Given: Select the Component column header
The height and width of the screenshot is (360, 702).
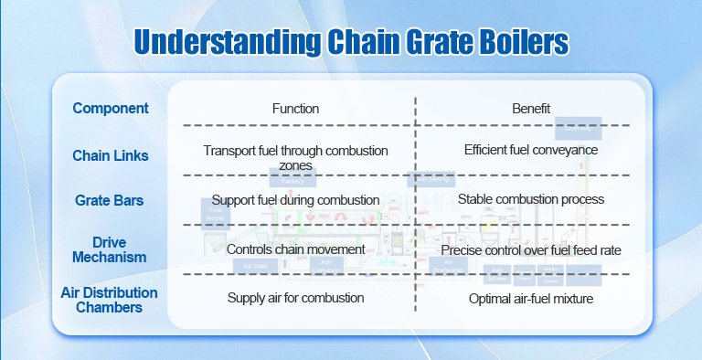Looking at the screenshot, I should (x=111, y=108).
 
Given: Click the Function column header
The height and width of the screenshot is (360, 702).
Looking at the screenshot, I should (x=295, y=109).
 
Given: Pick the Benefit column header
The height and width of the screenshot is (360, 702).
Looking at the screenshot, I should (x=531, y=109).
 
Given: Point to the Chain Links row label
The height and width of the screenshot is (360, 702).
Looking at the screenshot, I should (x=111, y=156).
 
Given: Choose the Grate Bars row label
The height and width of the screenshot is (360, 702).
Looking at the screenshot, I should (x=111, y=198).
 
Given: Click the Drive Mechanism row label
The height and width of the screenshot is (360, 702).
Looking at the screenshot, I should (x=111, y=249).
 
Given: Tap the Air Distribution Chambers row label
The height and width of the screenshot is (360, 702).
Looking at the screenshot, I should (x=111, y=300).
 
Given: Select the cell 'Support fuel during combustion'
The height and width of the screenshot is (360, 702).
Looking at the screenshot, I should (x=295, y=199).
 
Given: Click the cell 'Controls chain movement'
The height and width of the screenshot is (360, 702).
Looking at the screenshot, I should (x=295, y=249).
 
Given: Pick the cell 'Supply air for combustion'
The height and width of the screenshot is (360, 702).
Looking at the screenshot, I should (x=295, y=298).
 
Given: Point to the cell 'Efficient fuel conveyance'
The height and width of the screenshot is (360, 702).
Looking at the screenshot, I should (x=531, y=150).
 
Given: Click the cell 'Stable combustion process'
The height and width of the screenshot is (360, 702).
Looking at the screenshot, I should (x=531, y=199).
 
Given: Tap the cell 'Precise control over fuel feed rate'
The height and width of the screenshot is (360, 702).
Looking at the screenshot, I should (x=531, y=249).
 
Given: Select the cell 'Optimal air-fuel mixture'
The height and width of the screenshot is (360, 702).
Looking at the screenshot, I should (x=531, y=298).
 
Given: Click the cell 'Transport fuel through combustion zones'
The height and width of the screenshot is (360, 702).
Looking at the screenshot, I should (x=295, y=157).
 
